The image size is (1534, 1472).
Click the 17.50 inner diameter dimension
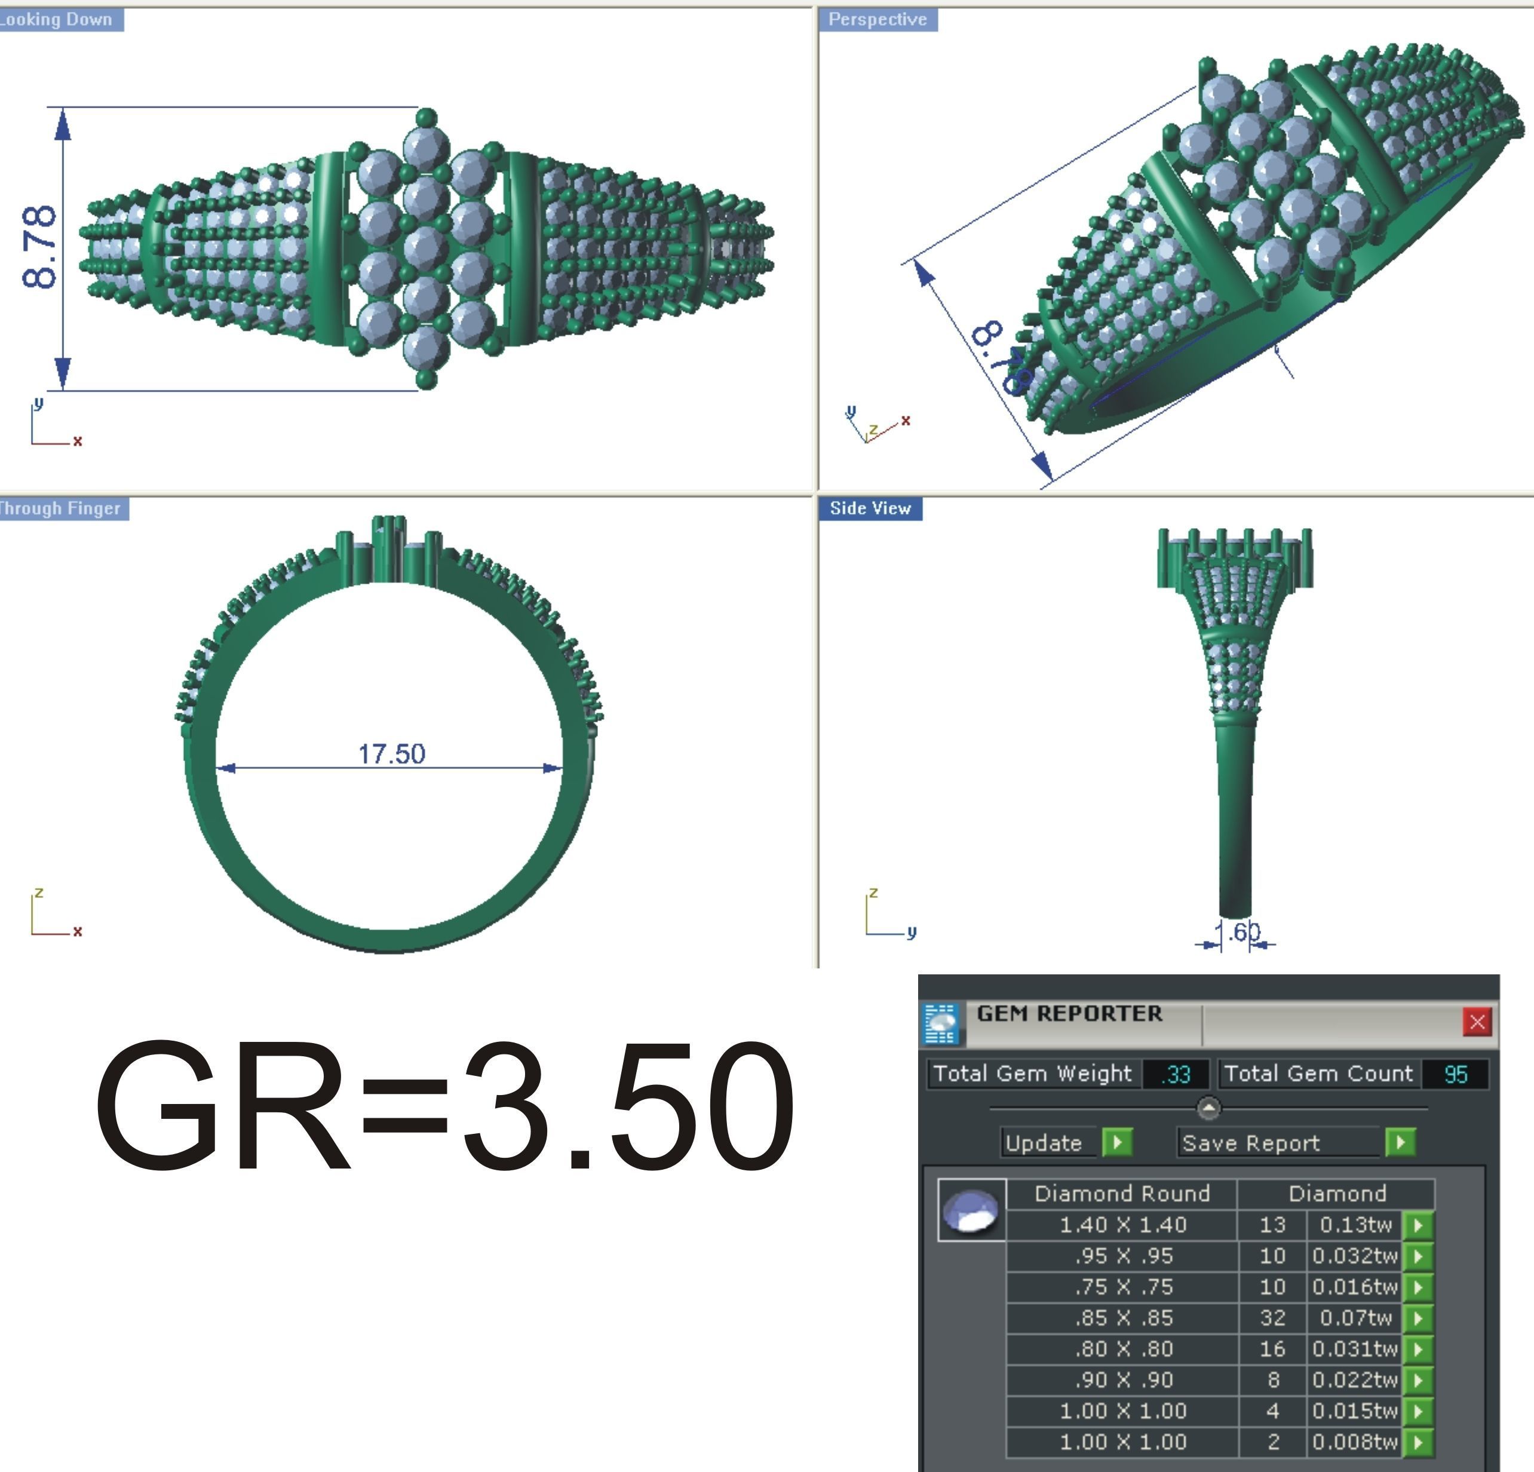pos(391,753)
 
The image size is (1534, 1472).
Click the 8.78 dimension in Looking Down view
pos(40,247)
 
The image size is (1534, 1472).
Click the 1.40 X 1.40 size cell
pos(1122,1225)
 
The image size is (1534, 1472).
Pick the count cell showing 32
pos(1272,1318)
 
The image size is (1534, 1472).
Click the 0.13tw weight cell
pos(1355,1225)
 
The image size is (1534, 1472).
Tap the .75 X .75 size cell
pos(1122,1287)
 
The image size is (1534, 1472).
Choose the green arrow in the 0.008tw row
pos(1418,1442)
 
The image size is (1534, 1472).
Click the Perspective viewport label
pos(878,20)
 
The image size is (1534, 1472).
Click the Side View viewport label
pos(870,508)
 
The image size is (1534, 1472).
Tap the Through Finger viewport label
pos(61,508)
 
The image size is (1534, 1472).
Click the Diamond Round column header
pos(1122,1194)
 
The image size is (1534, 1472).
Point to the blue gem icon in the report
pos(971,1210)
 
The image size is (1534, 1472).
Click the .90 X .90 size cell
pos(1122,1379)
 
